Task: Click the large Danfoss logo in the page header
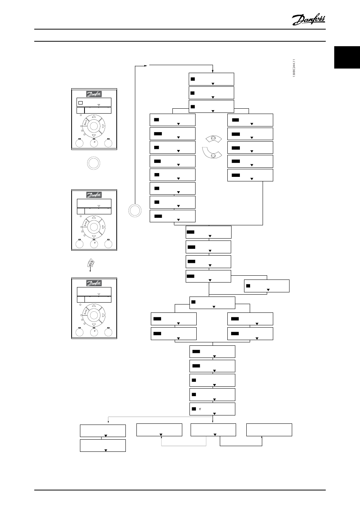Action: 308,19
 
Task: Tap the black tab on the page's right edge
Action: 347,58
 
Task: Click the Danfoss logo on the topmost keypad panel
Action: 94,95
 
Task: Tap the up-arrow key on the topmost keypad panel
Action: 94,117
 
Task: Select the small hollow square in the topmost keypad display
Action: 80,103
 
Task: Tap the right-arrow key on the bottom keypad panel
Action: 103,315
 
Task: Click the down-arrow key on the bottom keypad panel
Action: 94,324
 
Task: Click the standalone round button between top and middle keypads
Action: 94,163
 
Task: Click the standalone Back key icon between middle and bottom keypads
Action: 91,263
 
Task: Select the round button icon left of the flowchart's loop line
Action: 135,210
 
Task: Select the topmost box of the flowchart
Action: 211,79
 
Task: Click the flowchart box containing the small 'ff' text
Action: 212,409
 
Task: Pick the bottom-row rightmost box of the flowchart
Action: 269,430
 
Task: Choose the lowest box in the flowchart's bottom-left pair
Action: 103,446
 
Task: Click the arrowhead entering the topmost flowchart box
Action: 213,71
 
